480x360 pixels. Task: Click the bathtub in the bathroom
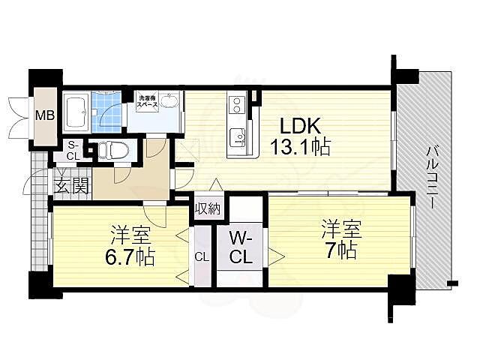click(76, 114)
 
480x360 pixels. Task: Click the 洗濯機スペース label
click(146, 101)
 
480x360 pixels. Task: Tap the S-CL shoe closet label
click(72, 150)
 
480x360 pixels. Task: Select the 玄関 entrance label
click(72, 184)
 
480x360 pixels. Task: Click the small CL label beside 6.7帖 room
click(201, 257)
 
